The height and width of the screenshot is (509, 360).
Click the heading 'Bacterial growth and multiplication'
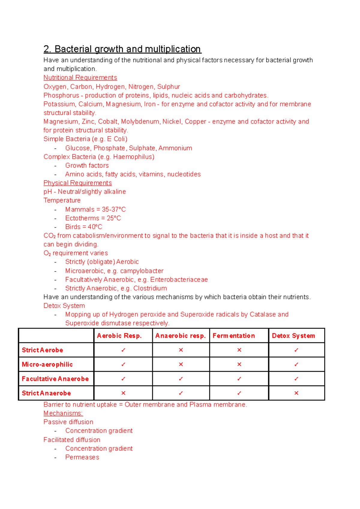tap(127, 49)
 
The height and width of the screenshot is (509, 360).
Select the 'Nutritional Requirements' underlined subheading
tap(80, 78)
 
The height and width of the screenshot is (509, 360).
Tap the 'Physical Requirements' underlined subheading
tap(77, 183)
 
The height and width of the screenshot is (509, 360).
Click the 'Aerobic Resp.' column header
tap(119, 336)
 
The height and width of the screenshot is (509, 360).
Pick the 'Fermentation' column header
tap(234, 336)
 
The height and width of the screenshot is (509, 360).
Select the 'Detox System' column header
tap(293, 336)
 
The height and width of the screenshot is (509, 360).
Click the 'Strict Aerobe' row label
tap(42, 350)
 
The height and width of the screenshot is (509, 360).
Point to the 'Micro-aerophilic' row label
tap(47, 365)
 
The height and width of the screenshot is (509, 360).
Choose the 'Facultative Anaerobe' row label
tap(55, 379)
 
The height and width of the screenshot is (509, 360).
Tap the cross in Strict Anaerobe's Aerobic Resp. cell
tap(123, 393)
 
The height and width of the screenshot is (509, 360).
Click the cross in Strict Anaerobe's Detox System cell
tap(296, 393)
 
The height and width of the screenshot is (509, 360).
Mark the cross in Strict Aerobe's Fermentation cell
tap(239, 350)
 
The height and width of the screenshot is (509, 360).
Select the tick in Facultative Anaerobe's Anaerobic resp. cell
tap(181, 379)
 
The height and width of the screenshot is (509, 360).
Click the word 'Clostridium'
tap(150, 288)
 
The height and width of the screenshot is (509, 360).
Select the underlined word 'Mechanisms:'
tap(63, 413)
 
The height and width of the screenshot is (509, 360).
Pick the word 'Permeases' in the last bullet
tap(82, 457)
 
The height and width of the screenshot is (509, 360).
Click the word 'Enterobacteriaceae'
tap(179, 280)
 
